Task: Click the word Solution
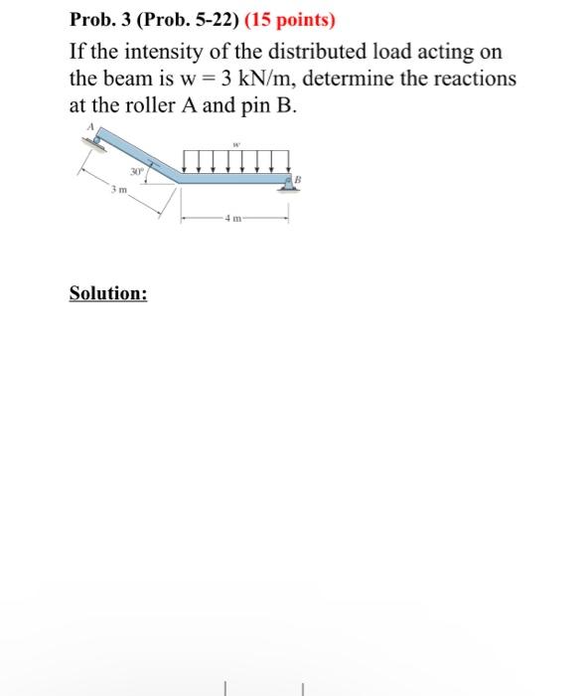[108, 293]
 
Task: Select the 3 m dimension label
[118, 190]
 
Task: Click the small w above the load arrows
[235, 141]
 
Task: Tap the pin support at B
[286, 184]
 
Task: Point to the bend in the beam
[177, 180]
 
